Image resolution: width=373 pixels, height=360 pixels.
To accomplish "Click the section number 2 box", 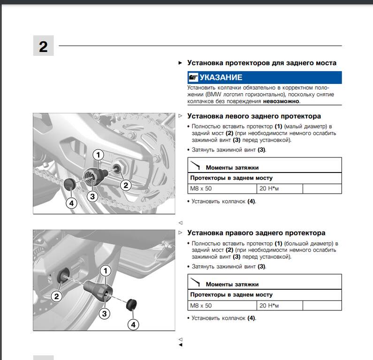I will (x=43, y=46).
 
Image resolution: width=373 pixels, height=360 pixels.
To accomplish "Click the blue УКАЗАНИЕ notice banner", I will (x=264, y=77).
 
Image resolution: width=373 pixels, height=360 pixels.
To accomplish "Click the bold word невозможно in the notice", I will (x=281, y=101).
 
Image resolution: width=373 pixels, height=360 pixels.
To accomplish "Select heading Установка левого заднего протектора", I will (x=254, y=116).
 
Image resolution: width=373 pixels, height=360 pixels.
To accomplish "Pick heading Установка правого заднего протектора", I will (x=256, y=233).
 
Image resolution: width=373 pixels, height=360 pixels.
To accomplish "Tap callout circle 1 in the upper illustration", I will (x=98, y=154).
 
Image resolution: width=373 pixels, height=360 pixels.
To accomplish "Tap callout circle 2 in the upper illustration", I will (x=125, y=185).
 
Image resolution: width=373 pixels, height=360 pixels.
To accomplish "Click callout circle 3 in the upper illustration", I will (x=92, y=196).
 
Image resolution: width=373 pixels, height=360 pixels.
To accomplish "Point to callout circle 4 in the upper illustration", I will (x=71, y=203).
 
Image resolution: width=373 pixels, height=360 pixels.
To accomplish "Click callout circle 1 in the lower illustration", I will (x=106, y=270).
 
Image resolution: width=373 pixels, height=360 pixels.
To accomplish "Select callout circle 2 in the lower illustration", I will (x=57, y=296).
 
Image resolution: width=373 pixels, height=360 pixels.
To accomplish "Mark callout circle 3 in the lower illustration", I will (x=105, y=313).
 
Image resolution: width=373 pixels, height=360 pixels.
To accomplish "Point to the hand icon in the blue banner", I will (x=193, y=77).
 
